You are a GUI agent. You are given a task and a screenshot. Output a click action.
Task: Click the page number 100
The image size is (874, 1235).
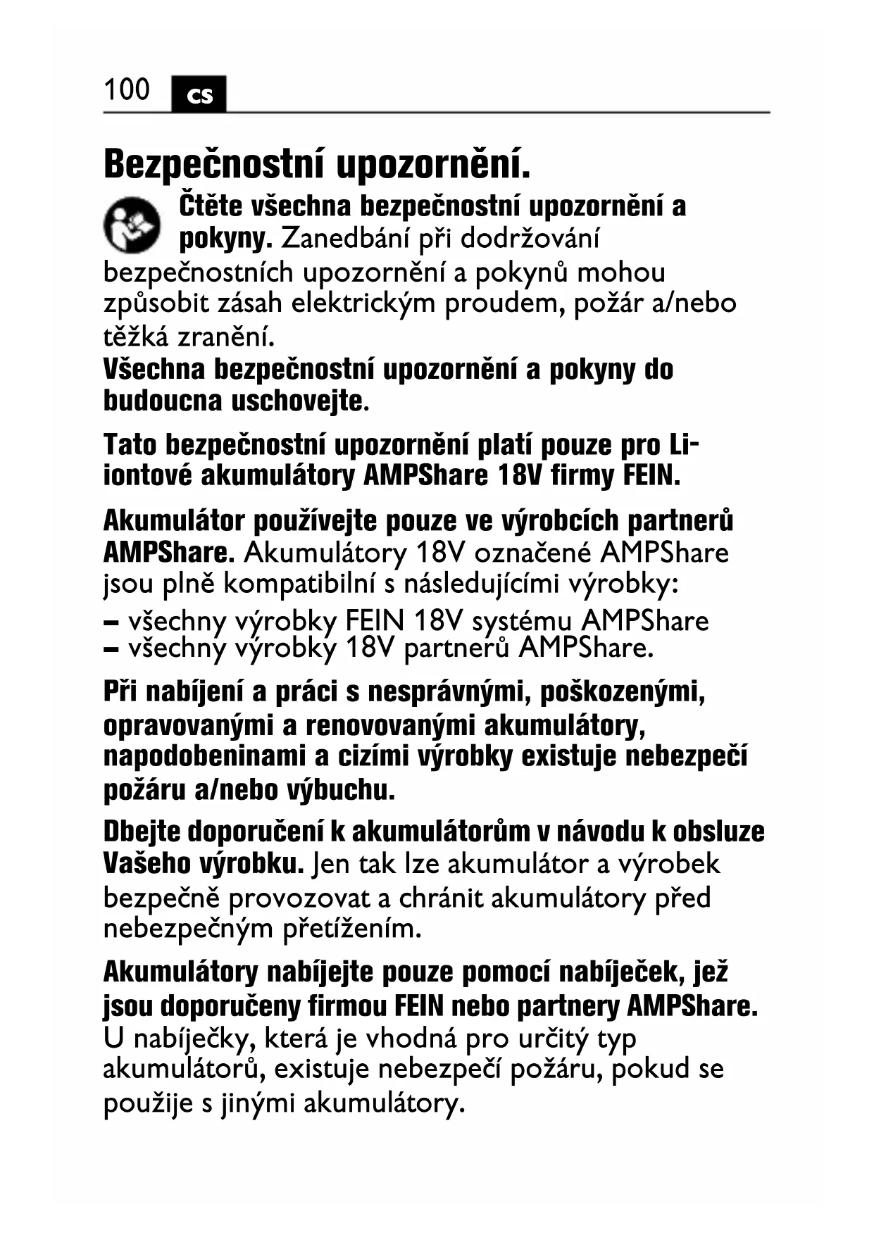coord(127,90)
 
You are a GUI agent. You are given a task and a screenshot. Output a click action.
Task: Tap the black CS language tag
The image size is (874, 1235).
coord(199,94)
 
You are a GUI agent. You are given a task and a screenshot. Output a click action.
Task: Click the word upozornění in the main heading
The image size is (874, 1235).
coord(432,164)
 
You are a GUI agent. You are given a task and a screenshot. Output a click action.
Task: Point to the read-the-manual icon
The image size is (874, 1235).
coord(132,225)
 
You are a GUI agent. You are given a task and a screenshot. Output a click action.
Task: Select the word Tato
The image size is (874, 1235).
coord(130,445)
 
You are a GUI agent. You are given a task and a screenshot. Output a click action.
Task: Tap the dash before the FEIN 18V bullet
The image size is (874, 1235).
coord(111,622)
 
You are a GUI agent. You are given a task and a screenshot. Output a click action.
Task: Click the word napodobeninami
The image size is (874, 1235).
coord(204,756)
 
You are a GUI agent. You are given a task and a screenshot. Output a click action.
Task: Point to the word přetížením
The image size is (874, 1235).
coord(351,929)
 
